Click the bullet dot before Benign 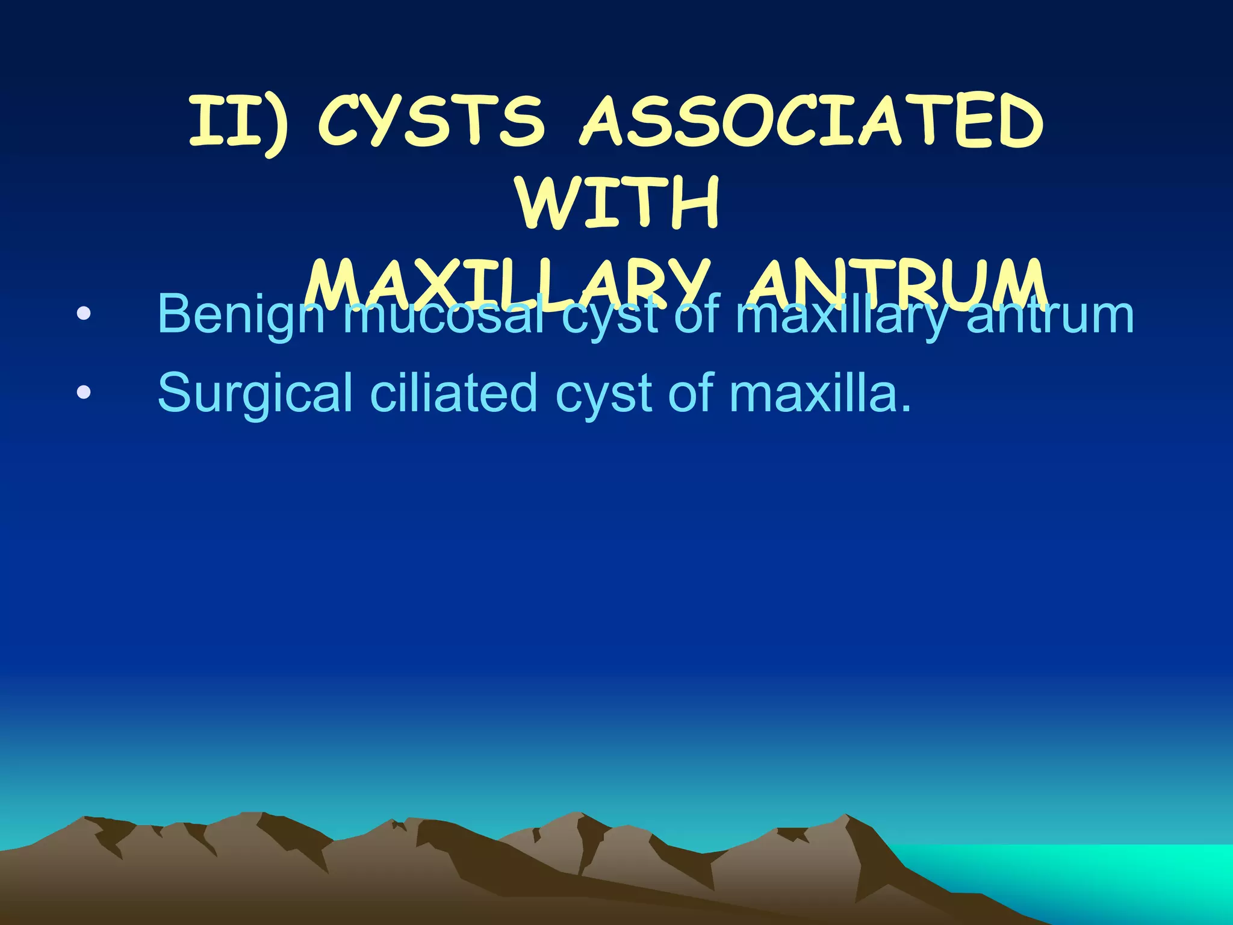point(84,314)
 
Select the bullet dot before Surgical point(84,393)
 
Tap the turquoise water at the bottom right point(1114,873)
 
